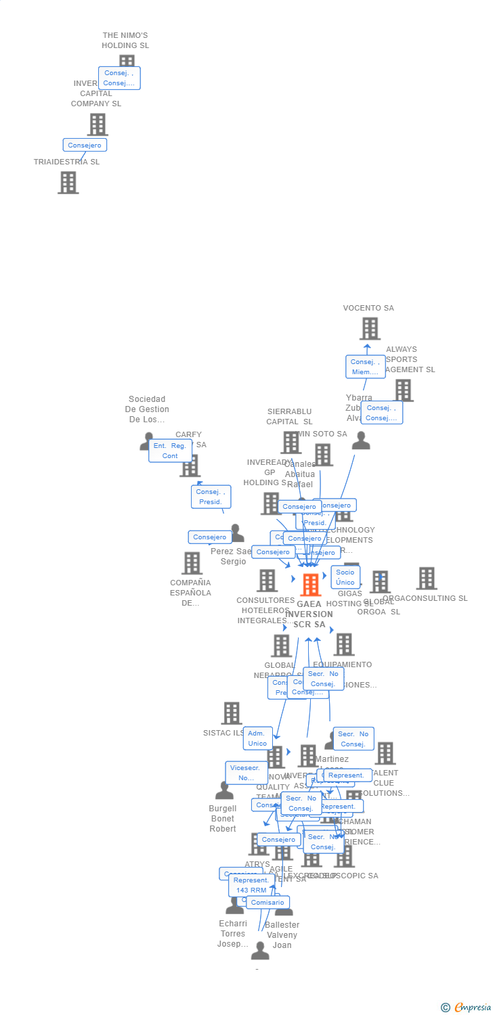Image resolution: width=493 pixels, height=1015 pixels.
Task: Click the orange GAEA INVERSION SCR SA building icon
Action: tap(310, 585)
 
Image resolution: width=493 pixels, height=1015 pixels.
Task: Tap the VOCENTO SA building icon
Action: tap(370, 329)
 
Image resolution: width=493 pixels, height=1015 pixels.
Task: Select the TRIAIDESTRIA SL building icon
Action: tap(68, 183)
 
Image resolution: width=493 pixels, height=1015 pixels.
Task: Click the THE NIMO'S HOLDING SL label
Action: tap(125, 41)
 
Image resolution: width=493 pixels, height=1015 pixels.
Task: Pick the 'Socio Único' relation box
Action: tap(345, 577)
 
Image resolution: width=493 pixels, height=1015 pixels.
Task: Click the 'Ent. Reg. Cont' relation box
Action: tap(170, 451)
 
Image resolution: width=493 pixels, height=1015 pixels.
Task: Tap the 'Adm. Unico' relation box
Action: tap(257, 738)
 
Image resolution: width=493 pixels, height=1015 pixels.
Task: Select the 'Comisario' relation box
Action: tap(267, 903)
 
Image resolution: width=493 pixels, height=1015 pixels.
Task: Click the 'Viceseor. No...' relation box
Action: tap(246, 773)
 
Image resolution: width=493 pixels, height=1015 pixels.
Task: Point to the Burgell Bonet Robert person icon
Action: tap(224, 790)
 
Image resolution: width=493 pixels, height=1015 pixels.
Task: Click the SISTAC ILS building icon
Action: tap(232, 713)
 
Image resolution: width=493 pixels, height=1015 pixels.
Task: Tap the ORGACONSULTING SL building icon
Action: tap(427, 579)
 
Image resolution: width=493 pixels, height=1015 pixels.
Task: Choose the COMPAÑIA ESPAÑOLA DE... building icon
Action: tap(192, 563)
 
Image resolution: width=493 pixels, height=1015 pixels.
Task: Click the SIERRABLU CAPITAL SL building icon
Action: tap(291, 443)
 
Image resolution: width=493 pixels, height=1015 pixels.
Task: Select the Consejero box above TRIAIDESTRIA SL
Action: tap(85, 145)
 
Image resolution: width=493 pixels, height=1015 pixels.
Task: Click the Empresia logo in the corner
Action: tap(467, 1008)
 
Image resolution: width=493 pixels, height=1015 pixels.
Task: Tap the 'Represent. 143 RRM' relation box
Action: tap(251, 885)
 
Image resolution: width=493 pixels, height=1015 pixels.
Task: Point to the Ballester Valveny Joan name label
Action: tap(282, 934)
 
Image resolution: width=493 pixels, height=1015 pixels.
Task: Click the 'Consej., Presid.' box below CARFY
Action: tap(211, 497)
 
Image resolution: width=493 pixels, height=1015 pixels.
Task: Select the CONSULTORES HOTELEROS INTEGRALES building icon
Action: tap(267, 581)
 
